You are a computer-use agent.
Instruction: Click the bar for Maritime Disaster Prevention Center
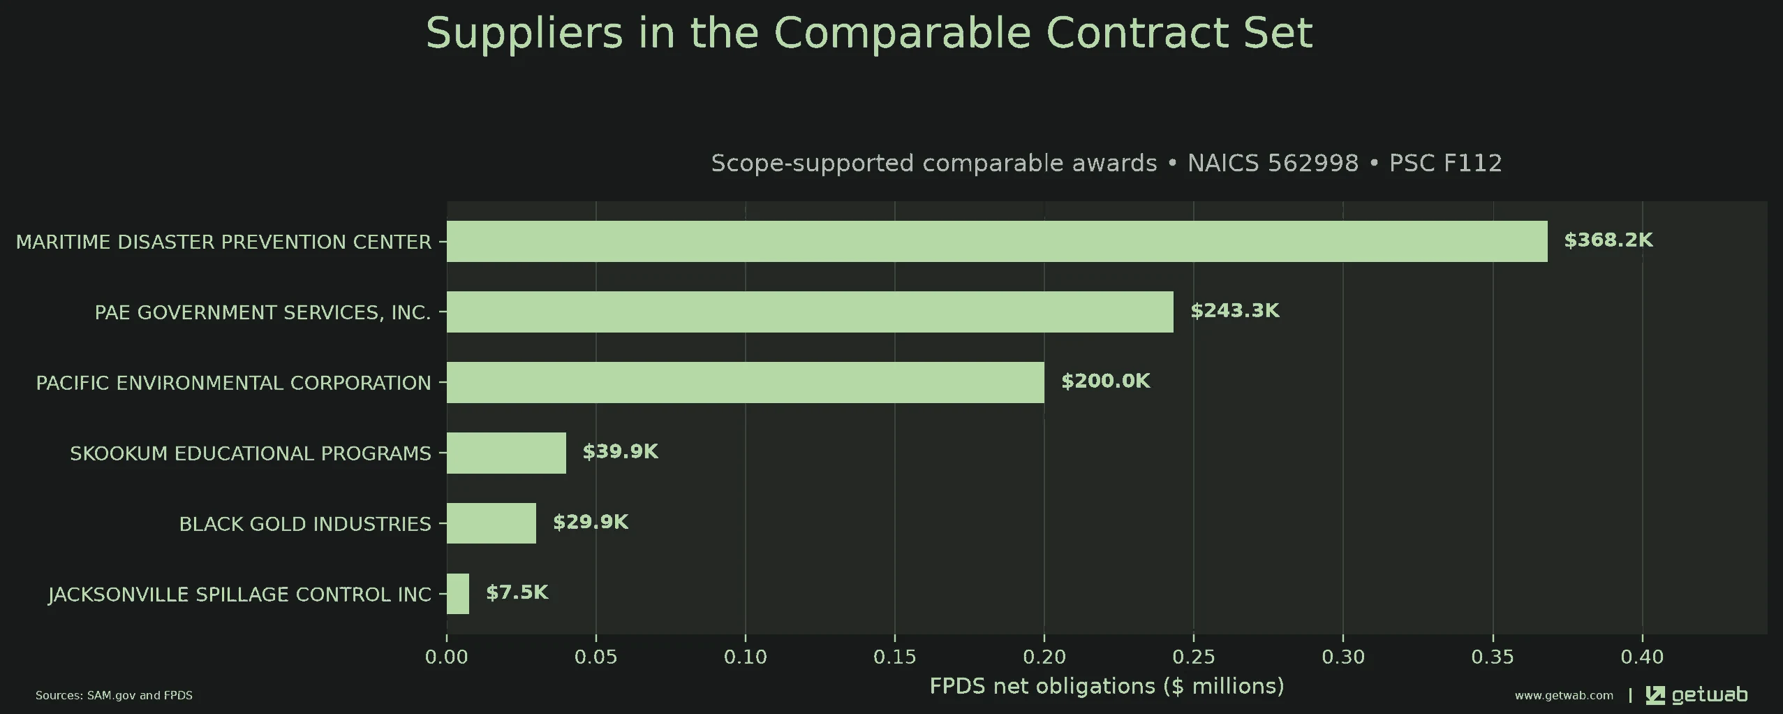tap(997, 241)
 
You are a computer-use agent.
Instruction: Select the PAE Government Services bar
tap(810, 312)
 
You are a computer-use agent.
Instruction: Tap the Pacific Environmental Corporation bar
tap(746, 382)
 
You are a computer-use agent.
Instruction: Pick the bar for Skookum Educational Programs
tap(506, 453)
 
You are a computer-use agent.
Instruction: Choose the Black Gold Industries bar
tap(491, 523)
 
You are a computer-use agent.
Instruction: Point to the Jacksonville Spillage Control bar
tap(458, 594)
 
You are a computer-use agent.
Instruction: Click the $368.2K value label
tap(1608, 240)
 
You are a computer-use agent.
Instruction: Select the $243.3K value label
tap(1235, 311)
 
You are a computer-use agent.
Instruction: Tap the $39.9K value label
tap(621, 452)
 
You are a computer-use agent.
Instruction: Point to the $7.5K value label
tap(517, 592)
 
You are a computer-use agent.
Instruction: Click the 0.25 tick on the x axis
tap(1194, 657)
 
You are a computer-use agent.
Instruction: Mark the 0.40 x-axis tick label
tap(1642, 657)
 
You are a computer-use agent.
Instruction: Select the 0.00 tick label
tap(447, 657)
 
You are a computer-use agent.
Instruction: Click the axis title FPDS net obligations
tap(1107, 686)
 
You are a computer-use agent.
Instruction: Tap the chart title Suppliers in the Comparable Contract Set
tap(869, 33)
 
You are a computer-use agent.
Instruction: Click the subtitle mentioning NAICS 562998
tap(1107, 163)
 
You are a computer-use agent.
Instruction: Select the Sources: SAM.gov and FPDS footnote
tap(114, 696)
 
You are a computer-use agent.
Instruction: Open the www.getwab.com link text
tap(1564, 696)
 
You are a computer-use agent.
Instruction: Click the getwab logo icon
tap(1655, 695)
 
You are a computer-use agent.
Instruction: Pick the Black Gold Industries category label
tap(305, 524)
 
